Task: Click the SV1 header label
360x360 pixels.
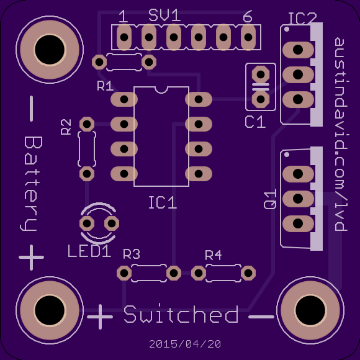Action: point(164,16)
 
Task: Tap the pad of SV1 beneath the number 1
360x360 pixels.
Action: point(124,37)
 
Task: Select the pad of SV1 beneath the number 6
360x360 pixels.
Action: point(248,37)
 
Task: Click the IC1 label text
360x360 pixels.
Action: point(163,202)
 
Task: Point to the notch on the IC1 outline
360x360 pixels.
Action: point(161,90)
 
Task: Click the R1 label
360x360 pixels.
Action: point(105,86)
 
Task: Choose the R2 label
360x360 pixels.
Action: point(66,127)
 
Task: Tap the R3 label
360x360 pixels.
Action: point(132,254)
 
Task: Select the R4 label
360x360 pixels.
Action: point(214,255)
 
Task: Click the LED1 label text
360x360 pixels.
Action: point(89,251)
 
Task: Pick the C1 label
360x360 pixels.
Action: point(255,122)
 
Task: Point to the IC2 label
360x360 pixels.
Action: point(302,19)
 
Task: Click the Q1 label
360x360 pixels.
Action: point(270,199)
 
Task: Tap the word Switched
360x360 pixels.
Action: point(181,313)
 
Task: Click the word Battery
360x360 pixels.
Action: point(31,184)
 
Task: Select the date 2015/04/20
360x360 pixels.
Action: point(185,344)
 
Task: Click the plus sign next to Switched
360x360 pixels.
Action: point(100,317)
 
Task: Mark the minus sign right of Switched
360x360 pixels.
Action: point(261,317)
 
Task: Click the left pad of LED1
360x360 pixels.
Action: point(87,223)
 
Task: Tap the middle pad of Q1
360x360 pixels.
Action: point(298,199)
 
